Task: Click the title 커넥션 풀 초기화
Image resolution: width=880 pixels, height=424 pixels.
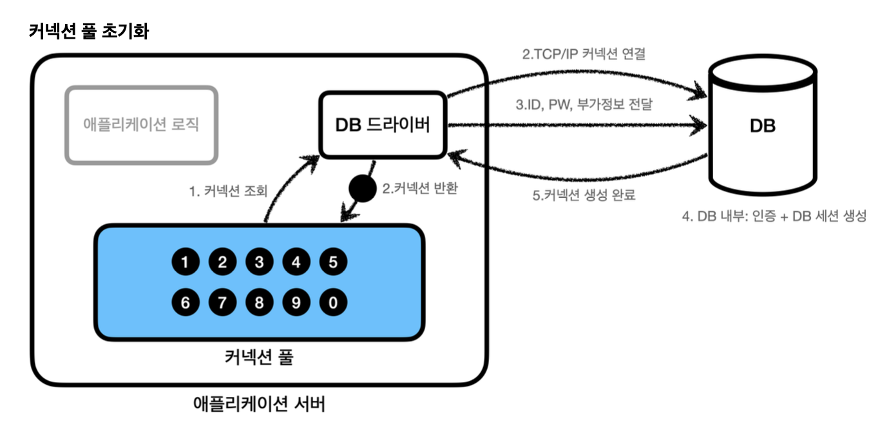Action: coord(89,31)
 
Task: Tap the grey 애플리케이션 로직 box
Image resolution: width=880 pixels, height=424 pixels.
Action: coord(141,125)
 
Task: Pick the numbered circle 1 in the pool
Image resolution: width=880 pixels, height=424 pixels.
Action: coord(186,262)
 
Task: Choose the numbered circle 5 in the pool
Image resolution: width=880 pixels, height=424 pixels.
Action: coord(333,262)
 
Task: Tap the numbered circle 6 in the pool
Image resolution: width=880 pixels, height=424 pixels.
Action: coord(186,302)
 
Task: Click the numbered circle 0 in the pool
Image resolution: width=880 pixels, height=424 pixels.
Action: coord(333,302)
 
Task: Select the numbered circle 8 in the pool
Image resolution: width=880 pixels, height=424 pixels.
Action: coord(259,302)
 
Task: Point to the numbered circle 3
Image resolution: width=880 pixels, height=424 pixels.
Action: coord(259,262)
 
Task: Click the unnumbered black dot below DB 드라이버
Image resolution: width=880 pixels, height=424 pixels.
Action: coord(361,189)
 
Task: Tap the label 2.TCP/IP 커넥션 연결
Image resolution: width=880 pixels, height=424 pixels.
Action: coord(584,55)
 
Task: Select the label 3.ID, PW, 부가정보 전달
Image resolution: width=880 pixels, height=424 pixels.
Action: coord(584,104)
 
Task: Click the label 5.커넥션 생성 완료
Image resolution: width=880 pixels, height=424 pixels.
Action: coord(584,195)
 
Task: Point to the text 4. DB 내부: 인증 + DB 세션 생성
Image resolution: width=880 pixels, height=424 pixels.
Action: coord(774,217)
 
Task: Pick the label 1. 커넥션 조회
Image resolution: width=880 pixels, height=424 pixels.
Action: coord(227,191)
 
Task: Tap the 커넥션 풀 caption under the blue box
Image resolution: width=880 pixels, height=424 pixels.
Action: coord(259,357)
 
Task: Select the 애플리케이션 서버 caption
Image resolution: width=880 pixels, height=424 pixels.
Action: coord(259,404)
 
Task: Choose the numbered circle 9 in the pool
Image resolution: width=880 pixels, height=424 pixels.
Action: coord(296,302)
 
